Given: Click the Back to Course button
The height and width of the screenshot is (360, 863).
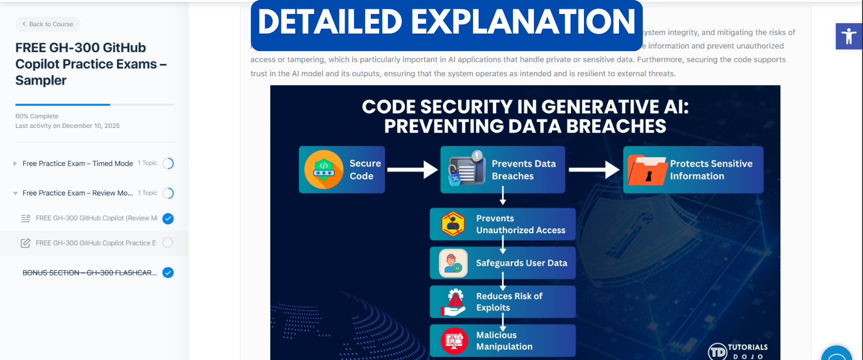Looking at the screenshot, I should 48,24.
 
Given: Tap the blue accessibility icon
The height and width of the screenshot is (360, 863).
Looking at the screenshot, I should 849,36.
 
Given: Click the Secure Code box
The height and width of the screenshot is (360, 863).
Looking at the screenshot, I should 341,170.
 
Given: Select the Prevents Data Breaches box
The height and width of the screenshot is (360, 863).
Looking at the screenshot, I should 502,170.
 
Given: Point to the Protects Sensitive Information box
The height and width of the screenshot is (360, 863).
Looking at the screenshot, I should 693,170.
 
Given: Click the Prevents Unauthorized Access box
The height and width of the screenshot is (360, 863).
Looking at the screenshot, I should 502,224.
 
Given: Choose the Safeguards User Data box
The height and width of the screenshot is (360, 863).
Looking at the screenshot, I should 502,263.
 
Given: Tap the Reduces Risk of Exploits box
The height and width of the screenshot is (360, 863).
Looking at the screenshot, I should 502,302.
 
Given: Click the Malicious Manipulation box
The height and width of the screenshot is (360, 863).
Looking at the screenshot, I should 502,340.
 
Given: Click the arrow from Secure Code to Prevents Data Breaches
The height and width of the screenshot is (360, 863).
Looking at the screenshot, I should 412,169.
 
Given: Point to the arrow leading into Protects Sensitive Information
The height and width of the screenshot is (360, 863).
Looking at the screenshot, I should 594,169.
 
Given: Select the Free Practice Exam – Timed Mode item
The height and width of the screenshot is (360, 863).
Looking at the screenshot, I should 77,163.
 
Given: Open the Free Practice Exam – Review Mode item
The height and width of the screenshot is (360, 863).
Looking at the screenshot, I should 77,193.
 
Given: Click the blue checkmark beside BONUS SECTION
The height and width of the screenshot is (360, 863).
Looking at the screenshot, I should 168,273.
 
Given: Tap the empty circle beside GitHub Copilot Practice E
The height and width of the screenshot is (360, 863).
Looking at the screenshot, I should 168,242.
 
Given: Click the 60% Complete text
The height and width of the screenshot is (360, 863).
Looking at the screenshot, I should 37,116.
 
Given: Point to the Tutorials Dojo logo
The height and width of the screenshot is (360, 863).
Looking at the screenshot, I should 738,351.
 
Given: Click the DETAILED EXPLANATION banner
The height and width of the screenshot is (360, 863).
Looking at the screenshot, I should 446,23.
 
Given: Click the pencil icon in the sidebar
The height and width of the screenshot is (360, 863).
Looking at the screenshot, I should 25,243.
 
